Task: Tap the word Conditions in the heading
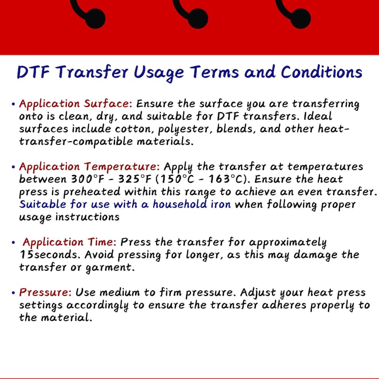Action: (321, 72)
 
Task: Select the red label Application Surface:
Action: (76, 104)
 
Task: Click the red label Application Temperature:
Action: (90, 167)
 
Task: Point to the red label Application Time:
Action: (71, 242)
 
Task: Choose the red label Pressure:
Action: (46, 292)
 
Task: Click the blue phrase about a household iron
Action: (125, 205)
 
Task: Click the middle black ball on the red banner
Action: (197, 19)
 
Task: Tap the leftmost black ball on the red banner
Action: (95, 19)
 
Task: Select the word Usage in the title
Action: (158, 72)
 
